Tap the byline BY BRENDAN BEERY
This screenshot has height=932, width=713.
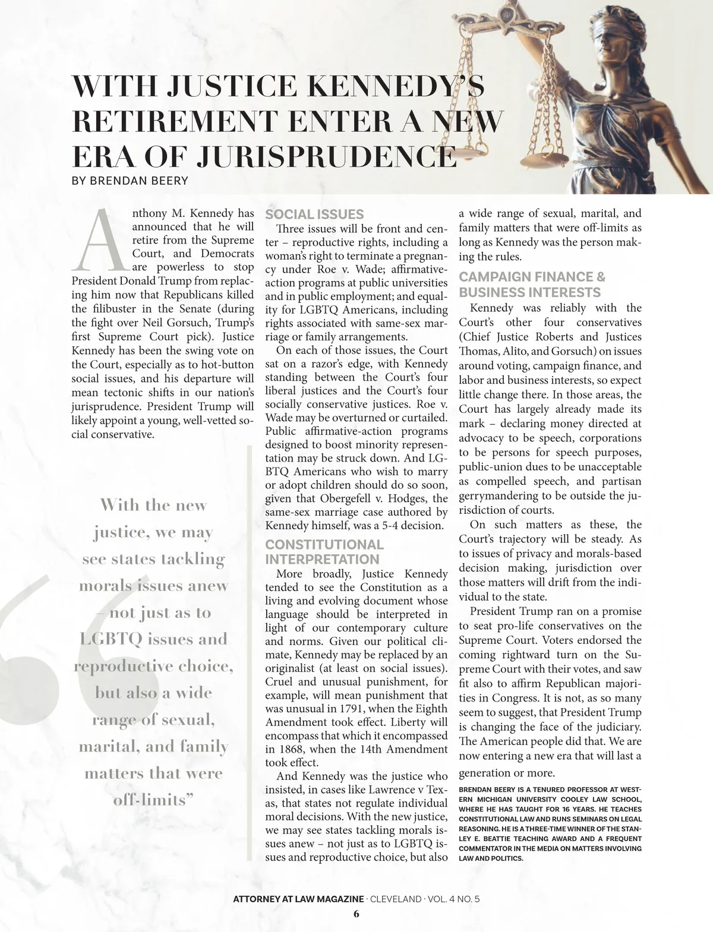(x=130, y=181)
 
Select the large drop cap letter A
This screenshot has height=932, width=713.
(x=99, y=238)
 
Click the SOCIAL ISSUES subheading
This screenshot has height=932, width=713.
(x=314, y=214)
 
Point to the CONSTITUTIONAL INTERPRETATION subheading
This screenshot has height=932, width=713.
(x=324, y=552)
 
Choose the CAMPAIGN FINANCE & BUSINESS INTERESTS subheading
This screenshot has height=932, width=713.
(x=532, y=285)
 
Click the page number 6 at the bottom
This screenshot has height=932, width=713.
(x=356, y=914)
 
